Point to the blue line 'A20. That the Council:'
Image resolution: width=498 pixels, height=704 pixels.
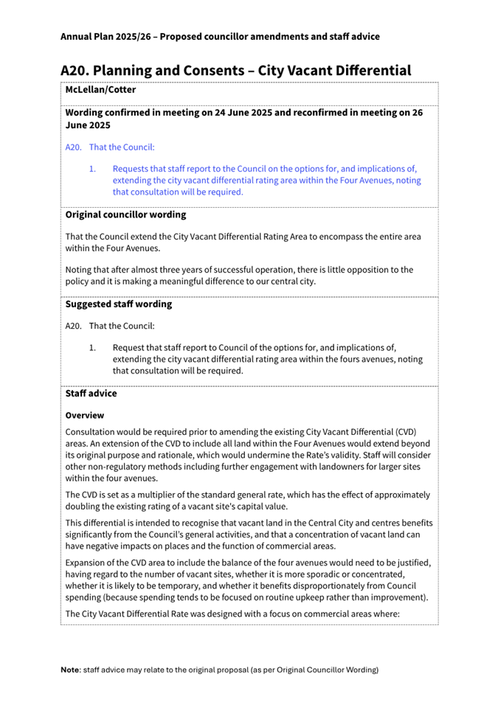click(x=110, y=147)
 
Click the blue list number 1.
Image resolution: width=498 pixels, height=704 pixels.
click(x=92, y=168)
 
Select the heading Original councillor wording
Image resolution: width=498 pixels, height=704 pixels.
click(x=125, y=215)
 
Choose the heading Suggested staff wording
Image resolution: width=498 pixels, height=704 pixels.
click(x=119, y=304)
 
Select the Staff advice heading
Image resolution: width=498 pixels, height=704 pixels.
click(x=91, y=394)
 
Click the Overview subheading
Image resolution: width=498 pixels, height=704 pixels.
click(x=85, y=415)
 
